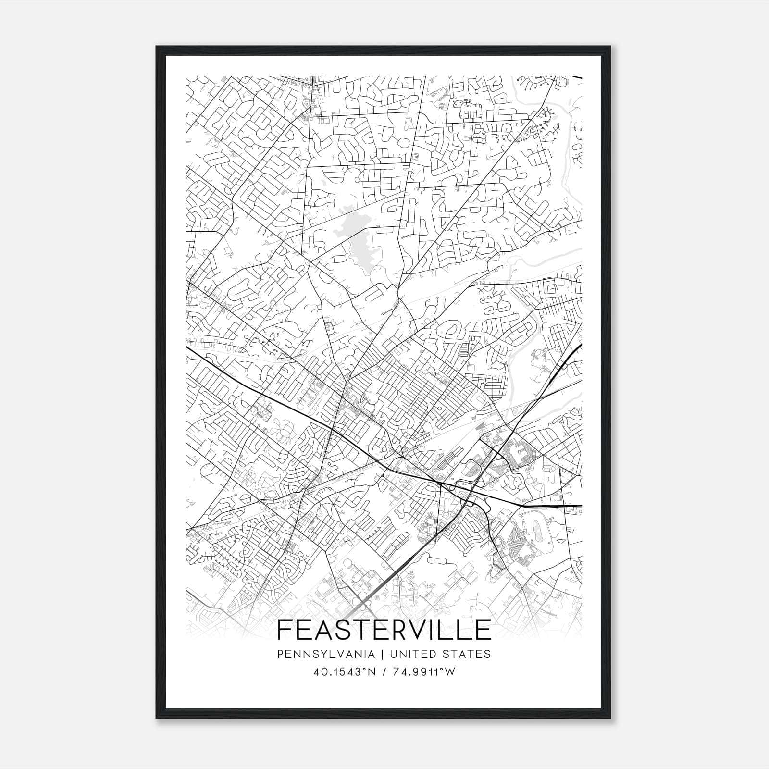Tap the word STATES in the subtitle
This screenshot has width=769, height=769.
tap(469, 654)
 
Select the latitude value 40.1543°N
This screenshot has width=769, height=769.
tap(344, 672)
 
